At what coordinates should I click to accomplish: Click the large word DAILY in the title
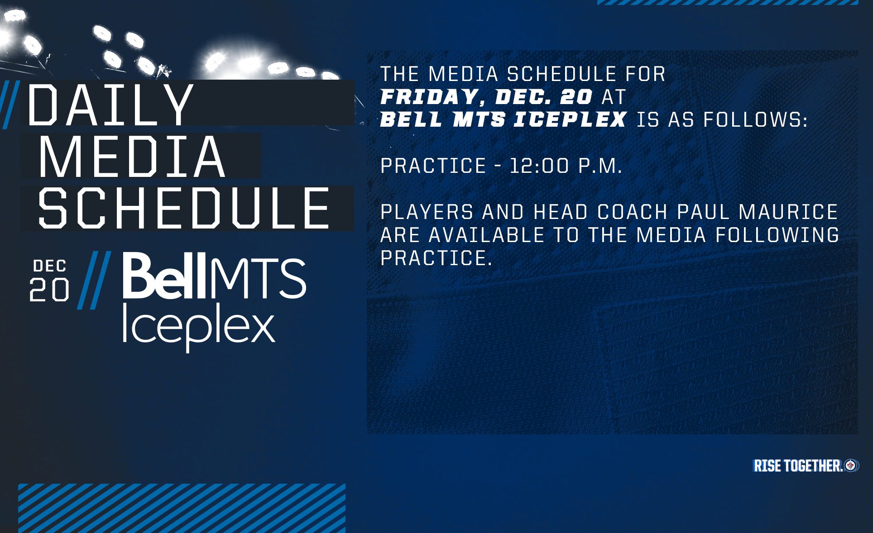click(110, 105)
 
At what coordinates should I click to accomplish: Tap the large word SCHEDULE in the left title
click(184, 209)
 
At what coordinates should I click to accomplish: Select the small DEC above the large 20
click(50, 266)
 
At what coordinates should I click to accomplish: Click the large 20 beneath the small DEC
click(49, 290)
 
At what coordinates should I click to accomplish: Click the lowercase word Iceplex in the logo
click(198, 327)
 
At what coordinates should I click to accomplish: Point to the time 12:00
click(539, 166)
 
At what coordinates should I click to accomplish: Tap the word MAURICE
click(788, 212)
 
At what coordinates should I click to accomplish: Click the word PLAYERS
click(427, 212)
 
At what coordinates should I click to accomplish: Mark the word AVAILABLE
click(486, 235)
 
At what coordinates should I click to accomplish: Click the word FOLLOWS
click(755, 120)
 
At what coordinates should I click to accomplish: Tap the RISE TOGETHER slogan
click(798, 466)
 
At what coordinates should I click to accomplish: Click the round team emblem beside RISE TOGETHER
click(851, 465)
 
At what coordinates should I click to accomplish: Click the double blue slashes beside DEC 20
click(94, 280)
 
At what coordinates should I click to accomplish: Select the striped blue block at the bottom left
click(182, 508)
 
